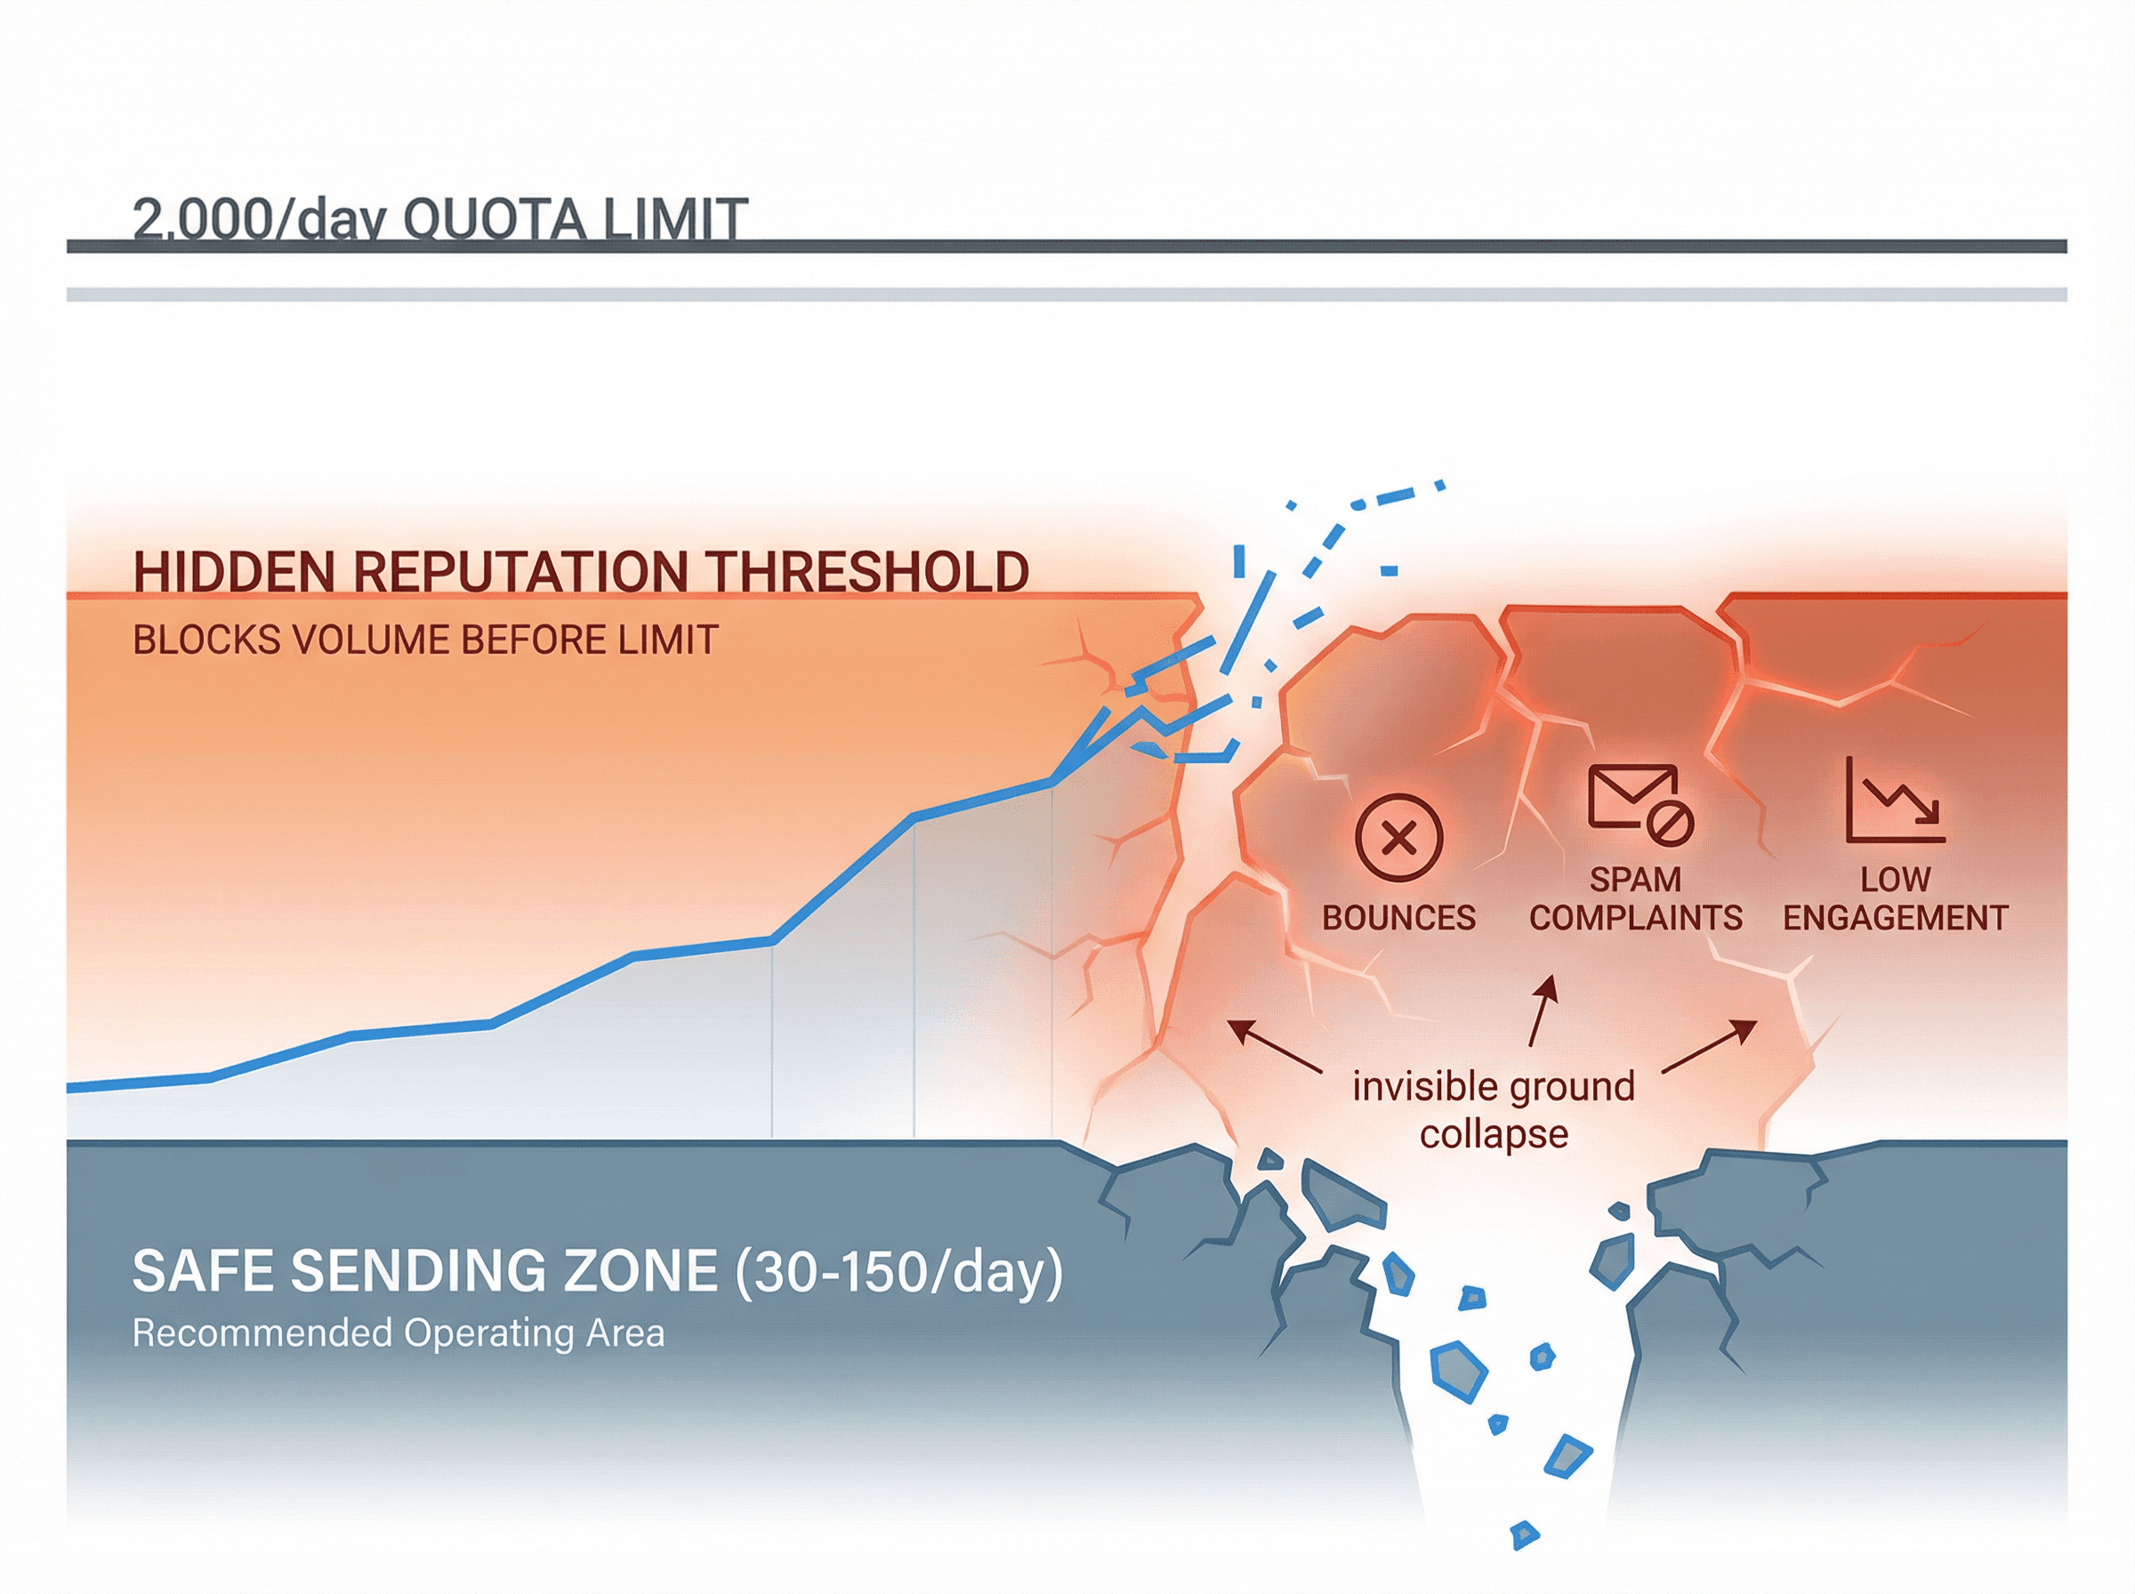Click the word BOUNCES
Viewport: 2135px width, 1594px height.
pyautogui.click(x=1398, y=918)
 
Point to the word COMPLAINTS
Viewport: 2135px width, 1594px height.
pyautogui.click(x=1635, y=918)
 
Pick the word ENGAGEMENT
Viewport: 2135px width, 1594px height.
pyautogui.click(x=1895, y=918)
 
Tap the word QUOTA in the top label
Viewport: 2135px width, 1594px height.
pyautogui.click(x=494, y=219)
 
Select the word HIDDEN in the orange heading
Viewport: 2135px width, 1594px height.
pyautogui.click(x=236, y=571)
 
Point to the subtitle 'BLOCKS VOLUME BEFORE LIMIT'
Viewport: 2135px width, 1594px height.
pyautogui.click(x=425, y=640)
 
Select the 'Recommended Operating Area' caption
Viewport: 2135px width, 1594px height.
pyautogui.click(x=398, y=1333)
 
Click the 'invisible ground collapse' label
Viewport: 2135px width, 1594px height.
pyautogui.click(x=1494, y=1109)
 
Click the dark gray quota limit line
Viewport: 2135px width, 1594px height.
pyautogui.click(x=1061, y=247)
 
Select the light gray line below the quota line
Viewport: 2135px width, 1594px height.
pyautogui.click(x=1061, y=294)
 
